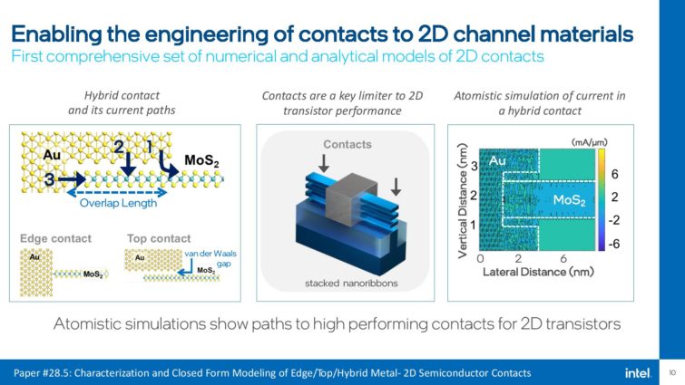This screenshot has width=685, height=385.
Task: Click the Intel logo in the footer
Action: (637, 372)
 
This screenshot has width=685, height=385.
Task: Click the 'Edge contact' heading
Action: (54, 238)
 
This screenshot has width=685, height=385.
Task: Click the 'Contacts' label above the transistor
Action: (347, 144)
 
